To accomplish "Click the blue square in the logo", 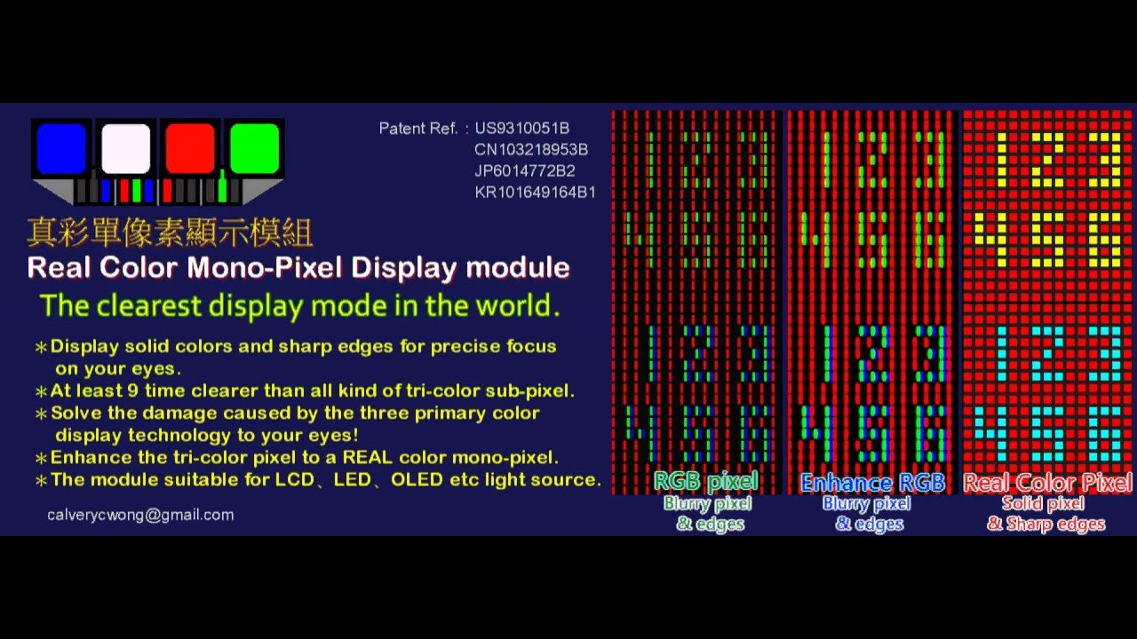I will pos(61,148).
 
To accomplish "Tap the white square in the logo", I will pos(126,148).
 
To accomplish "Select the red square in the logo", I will pos(190,148).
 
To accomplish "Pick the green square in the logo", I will pos(254,148).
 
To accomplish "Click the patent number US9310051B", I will pos(522,129).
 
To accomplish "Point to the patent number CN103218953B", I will pos(531,150).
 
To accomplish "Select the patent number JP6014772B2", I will pos(525,171).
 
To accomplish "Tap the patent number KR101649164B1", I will pos(535,193).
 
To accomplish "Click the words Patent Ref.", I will pos(418,129).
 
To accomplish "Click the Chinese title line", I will pos(170,233).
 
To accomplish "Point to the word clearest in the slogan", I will pos(151,306).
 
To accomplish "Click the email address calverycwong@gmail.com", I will pos(140,515).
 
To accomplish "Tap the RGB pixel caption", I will pos(705,482).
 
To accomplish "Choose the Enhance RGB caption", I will pos(871,483).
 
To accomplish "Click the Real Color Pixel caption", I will pos(1047,483).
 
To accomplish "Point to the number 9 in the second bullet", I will pos(144,391).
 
